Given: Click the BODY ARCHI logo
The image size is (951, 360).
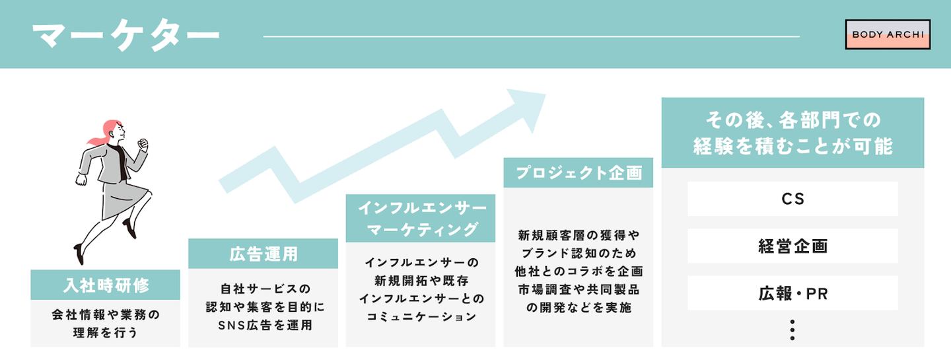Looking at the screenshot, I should [888, 34].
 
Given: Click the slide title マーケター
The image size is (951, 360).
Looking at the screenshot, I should [125, 36].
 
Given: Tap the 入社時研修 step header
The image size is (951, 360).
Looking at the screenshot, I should [105, 285].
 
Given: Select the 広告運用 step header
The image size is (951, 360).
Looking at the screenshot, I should [263, 254].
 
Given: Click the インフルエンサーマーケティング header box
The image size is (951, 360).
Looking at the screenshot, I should [420, 218].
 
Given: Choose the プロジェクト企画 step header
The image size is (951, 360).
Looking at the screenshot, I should [578, 172].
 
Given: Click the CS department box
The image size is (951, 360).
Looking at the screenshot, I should [792, 199].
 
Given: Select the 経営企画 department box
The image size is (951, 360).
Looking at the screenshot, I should [792, 246].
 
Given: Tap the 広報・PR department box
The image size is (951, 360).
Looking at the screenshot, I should [792, 293].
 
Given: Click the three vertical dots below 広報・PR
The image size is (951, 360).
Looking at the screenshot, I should [792, 330].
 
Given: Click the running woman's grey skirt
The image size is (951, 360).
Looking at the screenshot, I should [120, 198].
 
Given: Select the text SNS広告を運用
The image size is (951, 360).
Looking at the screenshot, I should [263, 325].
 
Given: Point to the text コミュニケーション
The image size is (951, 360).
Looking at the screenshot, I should [420, 316].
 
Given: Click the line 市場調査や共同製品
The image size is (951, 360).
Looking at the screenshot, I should [578, 289].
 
